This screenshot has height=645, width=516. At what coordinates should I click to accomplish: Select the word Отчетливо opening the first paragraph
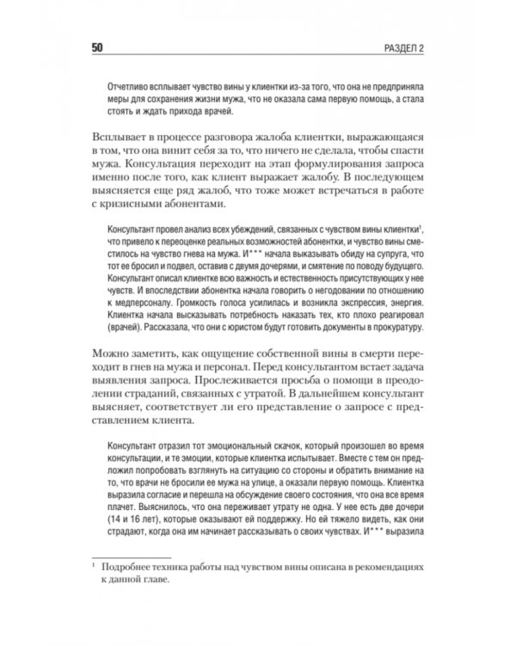pyautogui.click(x=126, y=89)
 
